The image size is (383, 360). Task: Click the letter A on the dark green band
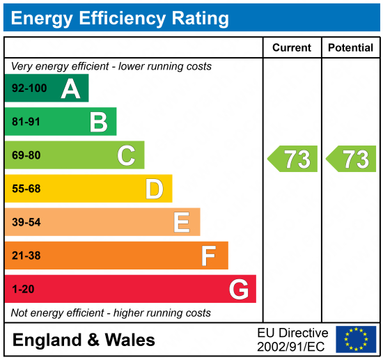pyautogui.click(x=70, y=88)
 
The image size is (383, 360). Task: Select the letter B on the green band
pyautogui.click(x=98, y=123)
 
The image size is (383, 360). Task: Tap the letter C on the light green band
pyautogui.click(x=126, y=155)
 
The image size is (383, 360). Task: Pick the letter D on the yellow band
pyautogui.click(x=154, y=189)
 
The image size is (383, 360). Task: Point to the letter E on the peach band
pyautogui.click(x=182, y=222)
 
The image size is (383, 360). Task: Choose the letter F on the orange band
pyautogui.click(x=209, y=256)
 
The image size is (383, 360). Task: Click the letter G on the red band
pyautogui.click(x=238, y=289)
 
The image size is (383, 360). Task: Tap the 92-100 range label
pyautogui.click(x=29, y=89)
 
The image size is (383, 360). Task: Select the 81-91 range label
pyautogui.click(x=26, y=123)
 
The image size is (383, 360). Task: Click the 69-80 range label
pyautogui.click(x=26, y=156)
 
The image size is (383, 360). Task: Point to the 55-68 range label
pyautogui.click(x=26, y=189)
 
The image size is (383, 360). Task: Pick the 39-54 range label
pyautogui.click(x=26, y=222)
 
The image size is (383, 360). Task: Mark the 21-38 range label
pyautogui.click(x=26, y=256)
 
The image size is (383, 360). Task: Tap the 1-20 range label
pyautogui.click(x=23, y=289)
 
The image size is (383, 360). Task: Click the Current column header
pyautogui.click(x=292, y=48)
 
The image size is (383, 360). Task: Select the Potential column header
pyautogui.click(x=350, y=48)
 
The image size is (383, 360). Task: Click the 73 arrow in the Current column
pyautogui.click(x=293, y=159)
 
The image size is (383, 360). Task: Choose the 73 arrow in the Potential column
pyautogui.click(x=352, y=159)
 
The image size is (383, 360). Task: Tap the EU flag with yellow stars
pyautogui.click(x=355, y=339)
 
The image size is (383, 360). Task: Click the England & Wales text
pyautogui.click(x=84, y=340)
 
